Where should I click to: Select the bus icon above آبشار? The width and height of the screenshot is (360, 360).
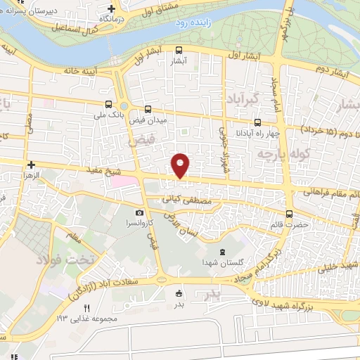[x=179, y=50]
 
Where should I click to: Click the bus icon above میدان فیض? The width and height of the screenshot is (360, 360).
[x=148, y=109]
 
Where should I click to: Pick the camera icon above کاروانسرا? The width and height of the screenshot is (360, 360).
[x=140, y=212]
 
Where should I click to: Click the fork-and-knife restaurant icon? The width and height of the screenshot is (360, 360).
[x=86, y=308]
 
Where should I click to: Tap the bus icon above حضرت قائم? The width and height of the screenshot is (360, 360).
[x=289, y=214]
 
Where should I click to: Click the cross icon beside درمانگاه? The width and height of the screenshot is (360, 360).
[x=110, y=9]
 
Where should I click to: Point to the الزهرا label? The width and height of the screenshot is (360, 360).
[x=31, y=173]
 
